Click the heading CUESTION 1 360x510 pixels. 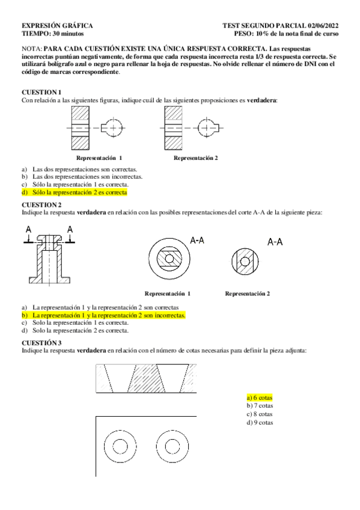click(x=41, y=92)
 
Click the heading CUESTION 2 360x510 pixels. click(x=41, y=204)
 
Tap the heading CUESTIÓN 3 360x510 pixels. click(x=41, y=342)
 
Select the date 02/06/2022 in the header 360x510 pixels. click(x=323, y=26)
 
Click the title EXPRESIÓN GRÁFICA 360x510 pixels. click(x=57, y=26)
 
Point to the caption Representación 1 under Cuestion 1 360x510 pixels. click(x=99, y=158)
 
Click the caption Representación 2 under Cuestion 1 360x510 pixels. click(x=195, y=158)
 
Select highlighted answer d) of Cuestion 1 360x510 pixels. click(x=75, y=192)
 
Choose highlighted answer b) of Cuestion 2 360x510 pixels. click(x=103, y=315)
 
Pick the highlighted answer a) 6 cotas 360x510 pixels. click(x=260, y=398)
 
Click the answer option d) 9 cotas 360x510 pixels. click(x=260, y=423)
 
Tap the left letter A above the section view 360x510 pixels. click(x=29, y=230)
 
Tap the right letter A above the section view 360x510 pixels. click(x=70, y=230)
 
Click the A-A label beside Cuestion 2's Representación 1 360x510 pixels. click(x=197, y=241)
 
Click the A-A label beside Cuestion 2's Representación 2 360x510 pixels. click(x=275, y=242)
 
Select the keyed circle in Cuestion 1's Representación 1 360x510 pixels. click(x=112, y=119)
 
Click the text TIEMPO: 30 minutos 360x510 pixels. click(x=53, y=34)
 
